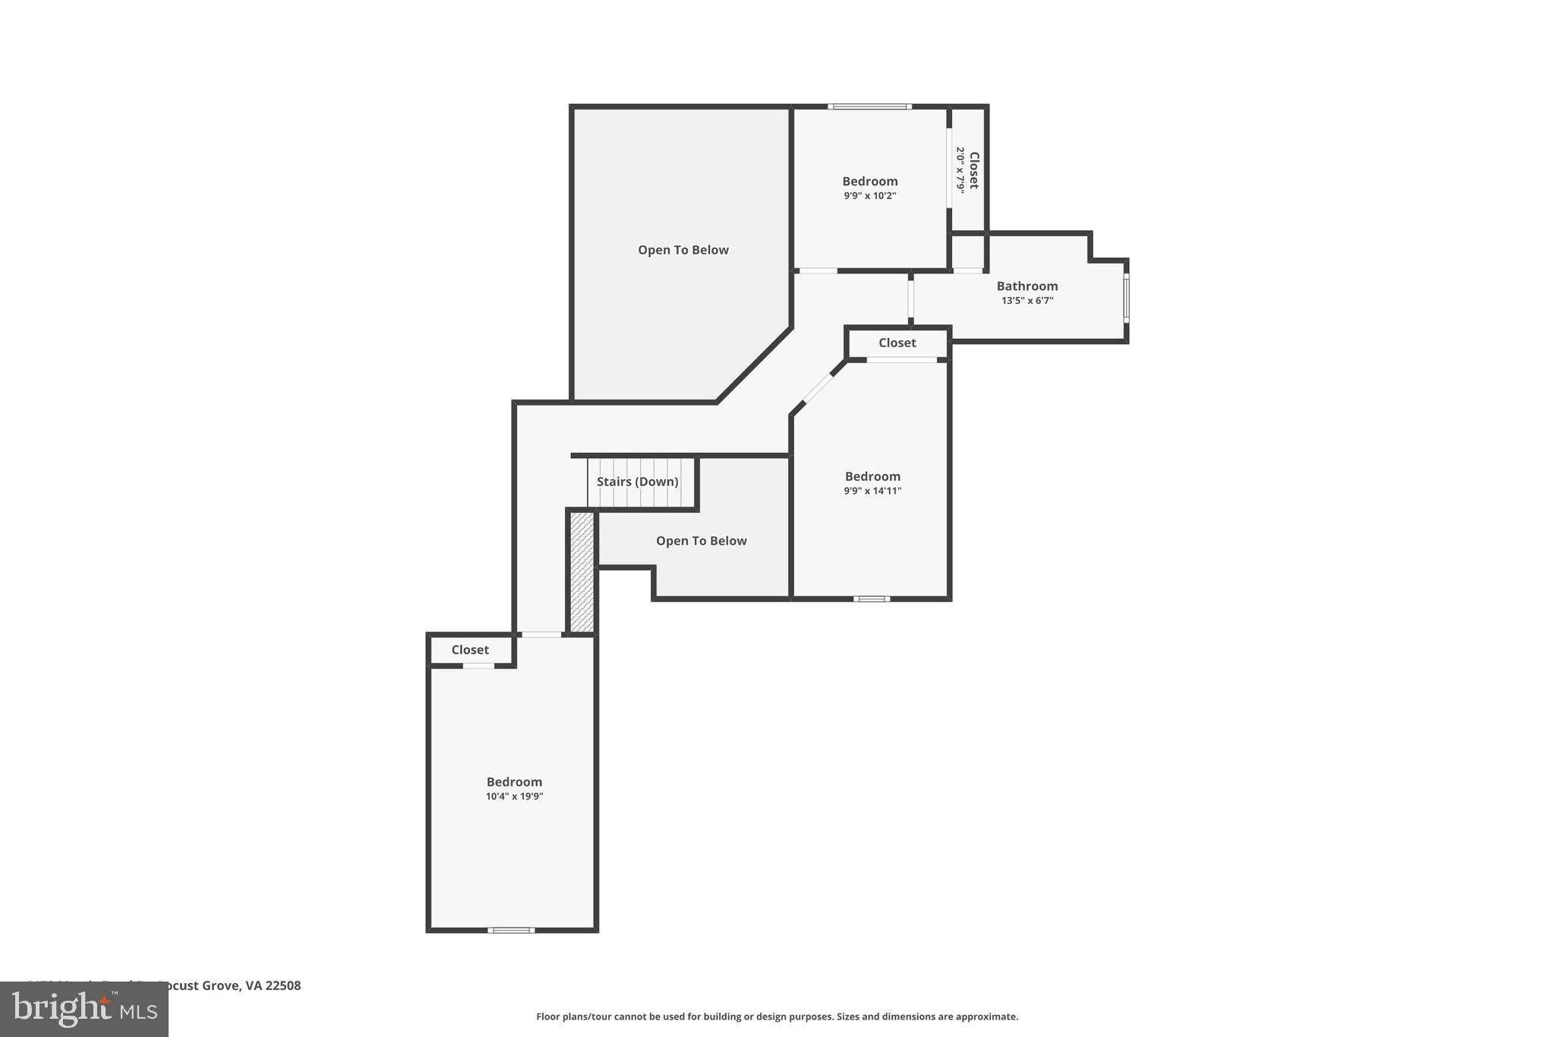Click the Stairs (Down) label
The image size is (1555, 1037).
(x=637, y=482)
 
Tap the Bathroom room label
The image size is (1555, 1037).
(x=1027, y=286)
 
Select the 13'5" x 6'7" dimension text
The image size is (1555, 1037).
(x=1027, y=301)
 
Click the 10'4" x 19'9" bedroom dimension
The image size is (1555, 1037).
(x=514, y=796)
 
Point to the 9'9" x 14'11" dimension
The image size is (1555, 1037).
(x=872, y=491)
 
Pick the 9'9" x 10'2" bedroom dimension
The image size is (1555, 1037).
(x=869, y=195)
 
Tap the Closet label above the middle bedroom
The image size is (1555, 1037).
(x=897, y=343)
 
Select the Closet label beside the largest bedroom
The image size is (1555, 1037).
(x=470, y=650)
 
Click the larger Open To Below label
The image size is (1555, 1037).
(x=683, y=250)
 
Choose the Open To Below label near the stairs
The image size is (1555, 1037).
(x=701, y=541)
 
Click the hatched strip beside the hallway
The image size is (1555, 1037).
(x=582, y=571)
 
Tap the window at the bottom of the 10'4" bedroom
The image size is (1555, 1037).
(x=511, y=930)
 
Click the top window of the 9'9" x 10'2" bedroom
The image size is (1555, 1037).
(x=869, y=106)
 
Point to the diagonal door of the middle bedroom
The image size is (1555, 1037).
(x=819, y=388)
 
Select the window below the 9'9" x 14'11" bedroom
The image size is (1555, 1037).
(x=872, y=599)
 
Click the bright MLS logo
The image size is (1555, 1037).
(x=84, y=1010)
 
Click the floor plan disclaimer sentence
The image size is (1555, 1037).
(x=777, y=1016)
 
